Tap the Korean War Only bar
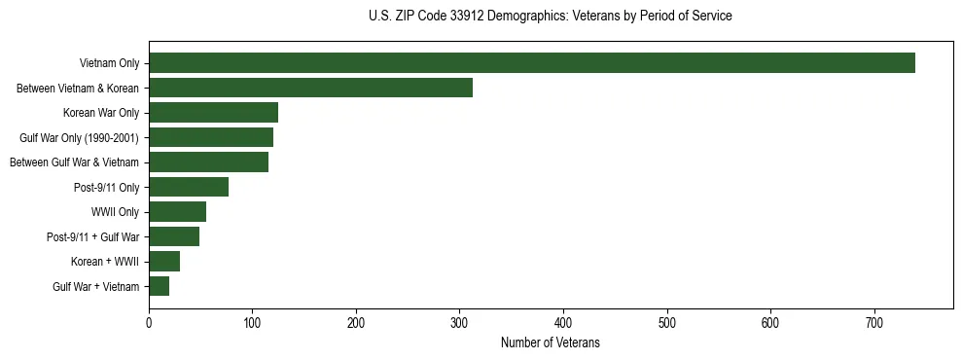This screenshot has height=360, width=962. coord(213,113)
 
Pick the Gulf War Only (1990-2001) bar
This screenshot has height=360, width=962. coord(211,137)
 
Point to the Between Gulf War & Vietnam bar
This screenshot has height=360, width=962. coord(208,162)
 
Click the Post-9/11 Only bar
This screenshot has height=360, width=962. coord(189,187)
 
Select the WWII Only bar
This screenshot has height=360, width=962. coord(177,212)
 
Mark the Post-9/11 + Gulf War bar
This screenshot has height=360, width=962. coord(174,236)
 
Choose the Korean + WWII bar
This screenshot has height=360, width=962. coord(164,262)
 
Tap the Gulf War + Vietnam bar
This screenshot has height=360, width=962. coord(159,286)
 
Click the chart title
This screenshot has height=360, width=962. coord(550,16)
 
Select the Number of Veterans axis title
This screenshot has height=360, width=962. coord(550,343)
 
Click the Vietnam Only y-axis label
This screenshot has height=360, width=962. coord(109,64)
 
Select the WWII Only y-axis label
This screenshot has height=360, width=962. coord(115,212)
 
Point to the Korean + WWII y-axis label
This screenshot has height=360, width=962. coord(105,262)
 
